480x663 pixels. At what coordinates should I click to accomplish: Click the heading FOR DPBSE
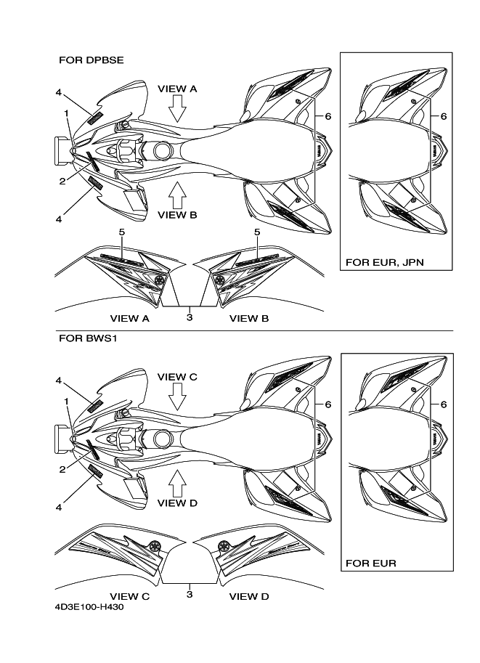(x=91, y=60)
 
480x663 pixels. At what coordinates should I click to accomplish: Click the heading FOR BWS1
(x=88, y=338)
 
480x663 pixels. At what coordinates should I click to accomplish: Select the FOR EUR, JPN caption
(x=384, y=262)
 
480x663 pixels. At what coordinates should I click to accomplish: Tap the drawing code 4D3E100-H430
(x=89, y=608)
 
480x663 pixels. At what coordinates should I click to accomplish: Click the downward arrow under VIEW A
(x=177, y=108)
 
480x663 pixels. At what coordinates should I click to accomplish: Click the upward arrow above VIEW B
(x=177, y=195)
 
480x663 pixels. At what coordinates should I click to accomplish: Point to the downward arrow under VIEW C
(x=177, y=396)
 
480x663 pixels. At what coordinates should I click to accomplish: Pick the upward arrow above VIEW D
(x=177, y=483)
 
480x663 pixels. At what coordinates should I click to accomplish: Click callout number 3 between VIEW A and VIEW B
(x=190, y=317)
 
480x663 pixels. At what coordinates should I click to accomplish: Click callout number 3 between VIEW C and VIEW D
(x=190, y=594)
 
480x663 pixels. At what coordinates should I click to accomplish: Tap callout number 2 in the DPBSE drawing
(x=62, y=182)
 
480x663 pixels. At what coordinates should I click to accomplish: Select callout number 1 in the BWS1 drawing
(x=66, y=402)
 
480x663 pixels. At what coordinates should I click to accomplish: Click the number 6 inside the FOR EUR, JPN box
(x=444, y=116)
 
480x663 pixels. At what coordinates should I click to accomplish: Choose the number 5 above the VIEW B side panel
(x=257, y=232)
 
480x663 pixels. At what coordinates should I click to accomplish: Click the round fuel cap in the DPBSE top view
(x=163, y=150)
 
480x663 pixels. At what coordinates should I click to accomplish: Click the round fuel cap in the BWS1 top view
(x=163, y=439)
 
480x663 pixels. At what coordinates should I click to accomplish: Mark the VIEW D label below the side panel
(x=249, y=596)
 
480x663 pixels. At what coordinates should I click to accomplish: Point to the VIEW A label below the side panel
(x=130, y=318)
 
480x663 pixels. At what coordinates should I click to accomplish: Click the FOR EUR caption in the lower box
(x=371, y=564)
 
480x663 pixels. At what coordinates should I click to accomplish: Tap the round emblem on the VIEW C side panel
(x=155, y=546)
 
